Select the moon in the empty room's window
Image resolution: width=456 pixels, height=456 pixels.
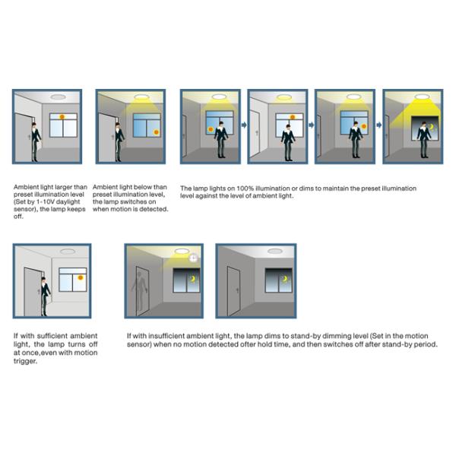pyautogui.click(x=285, y=280)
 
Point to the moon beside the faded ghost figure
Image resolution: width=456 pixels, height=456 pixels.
pyautogui.click(x=192, y=280)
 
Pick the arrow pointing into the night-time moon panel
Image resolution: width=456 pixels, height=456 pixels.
pyautogui.click(x=378, y=125)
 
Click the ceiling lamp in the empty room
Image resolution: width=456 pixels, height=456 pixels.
pyautogui.click(x=274, y=252)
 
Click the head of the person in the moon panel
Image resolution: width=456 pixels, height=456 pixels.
pyautogui.click(x=422, y=122)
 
